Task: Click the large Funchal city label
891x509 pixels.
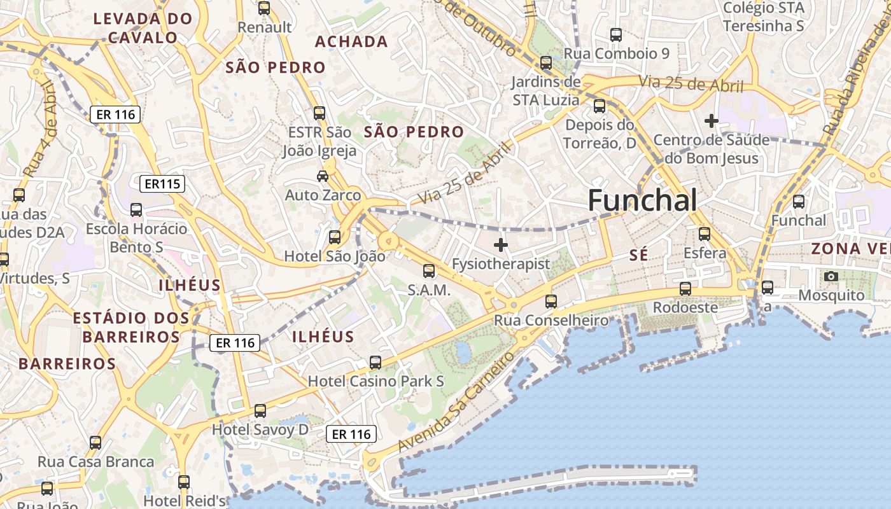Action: coord(642,200)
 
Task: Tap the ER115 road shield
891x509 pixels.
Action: coord(163,184)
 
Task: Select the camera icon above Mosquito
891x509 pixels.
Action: coord(831,276)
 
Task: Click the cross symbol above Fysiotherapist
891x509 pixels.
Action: coord(501,244)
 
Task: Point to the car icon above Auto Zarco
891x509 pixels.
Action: coord(323,176)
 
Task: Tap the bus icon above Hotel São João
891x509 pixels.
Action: coord(334,237)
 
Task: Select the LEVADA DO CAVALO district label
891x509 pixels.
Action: coord(143,28)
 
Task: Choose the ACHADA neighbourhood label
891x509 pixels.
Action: coord(351,42)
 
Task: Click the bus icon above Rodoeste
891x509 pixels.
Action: coord(685,288)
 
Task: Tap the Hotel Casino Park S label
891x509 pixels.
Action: coord(375,381)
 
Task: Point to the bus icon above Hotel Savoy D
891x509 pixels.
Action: coord(260,410)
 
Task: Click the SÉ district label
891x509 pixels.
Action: coord(638,255)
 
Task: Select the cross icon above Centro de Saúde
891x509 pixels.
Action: coord(711,120)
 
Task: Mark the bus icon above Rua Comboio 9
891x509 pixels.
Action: coord(615,34)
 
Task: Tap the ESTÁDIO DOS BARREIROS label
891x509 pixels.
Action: coord(131,327)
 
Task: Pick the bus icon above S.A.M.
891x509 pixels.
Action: coord(429,271)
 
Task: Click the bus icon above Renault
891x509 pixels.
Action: coord(263,8)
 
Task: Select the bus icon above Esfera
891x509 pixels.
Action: coord(704,234)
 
